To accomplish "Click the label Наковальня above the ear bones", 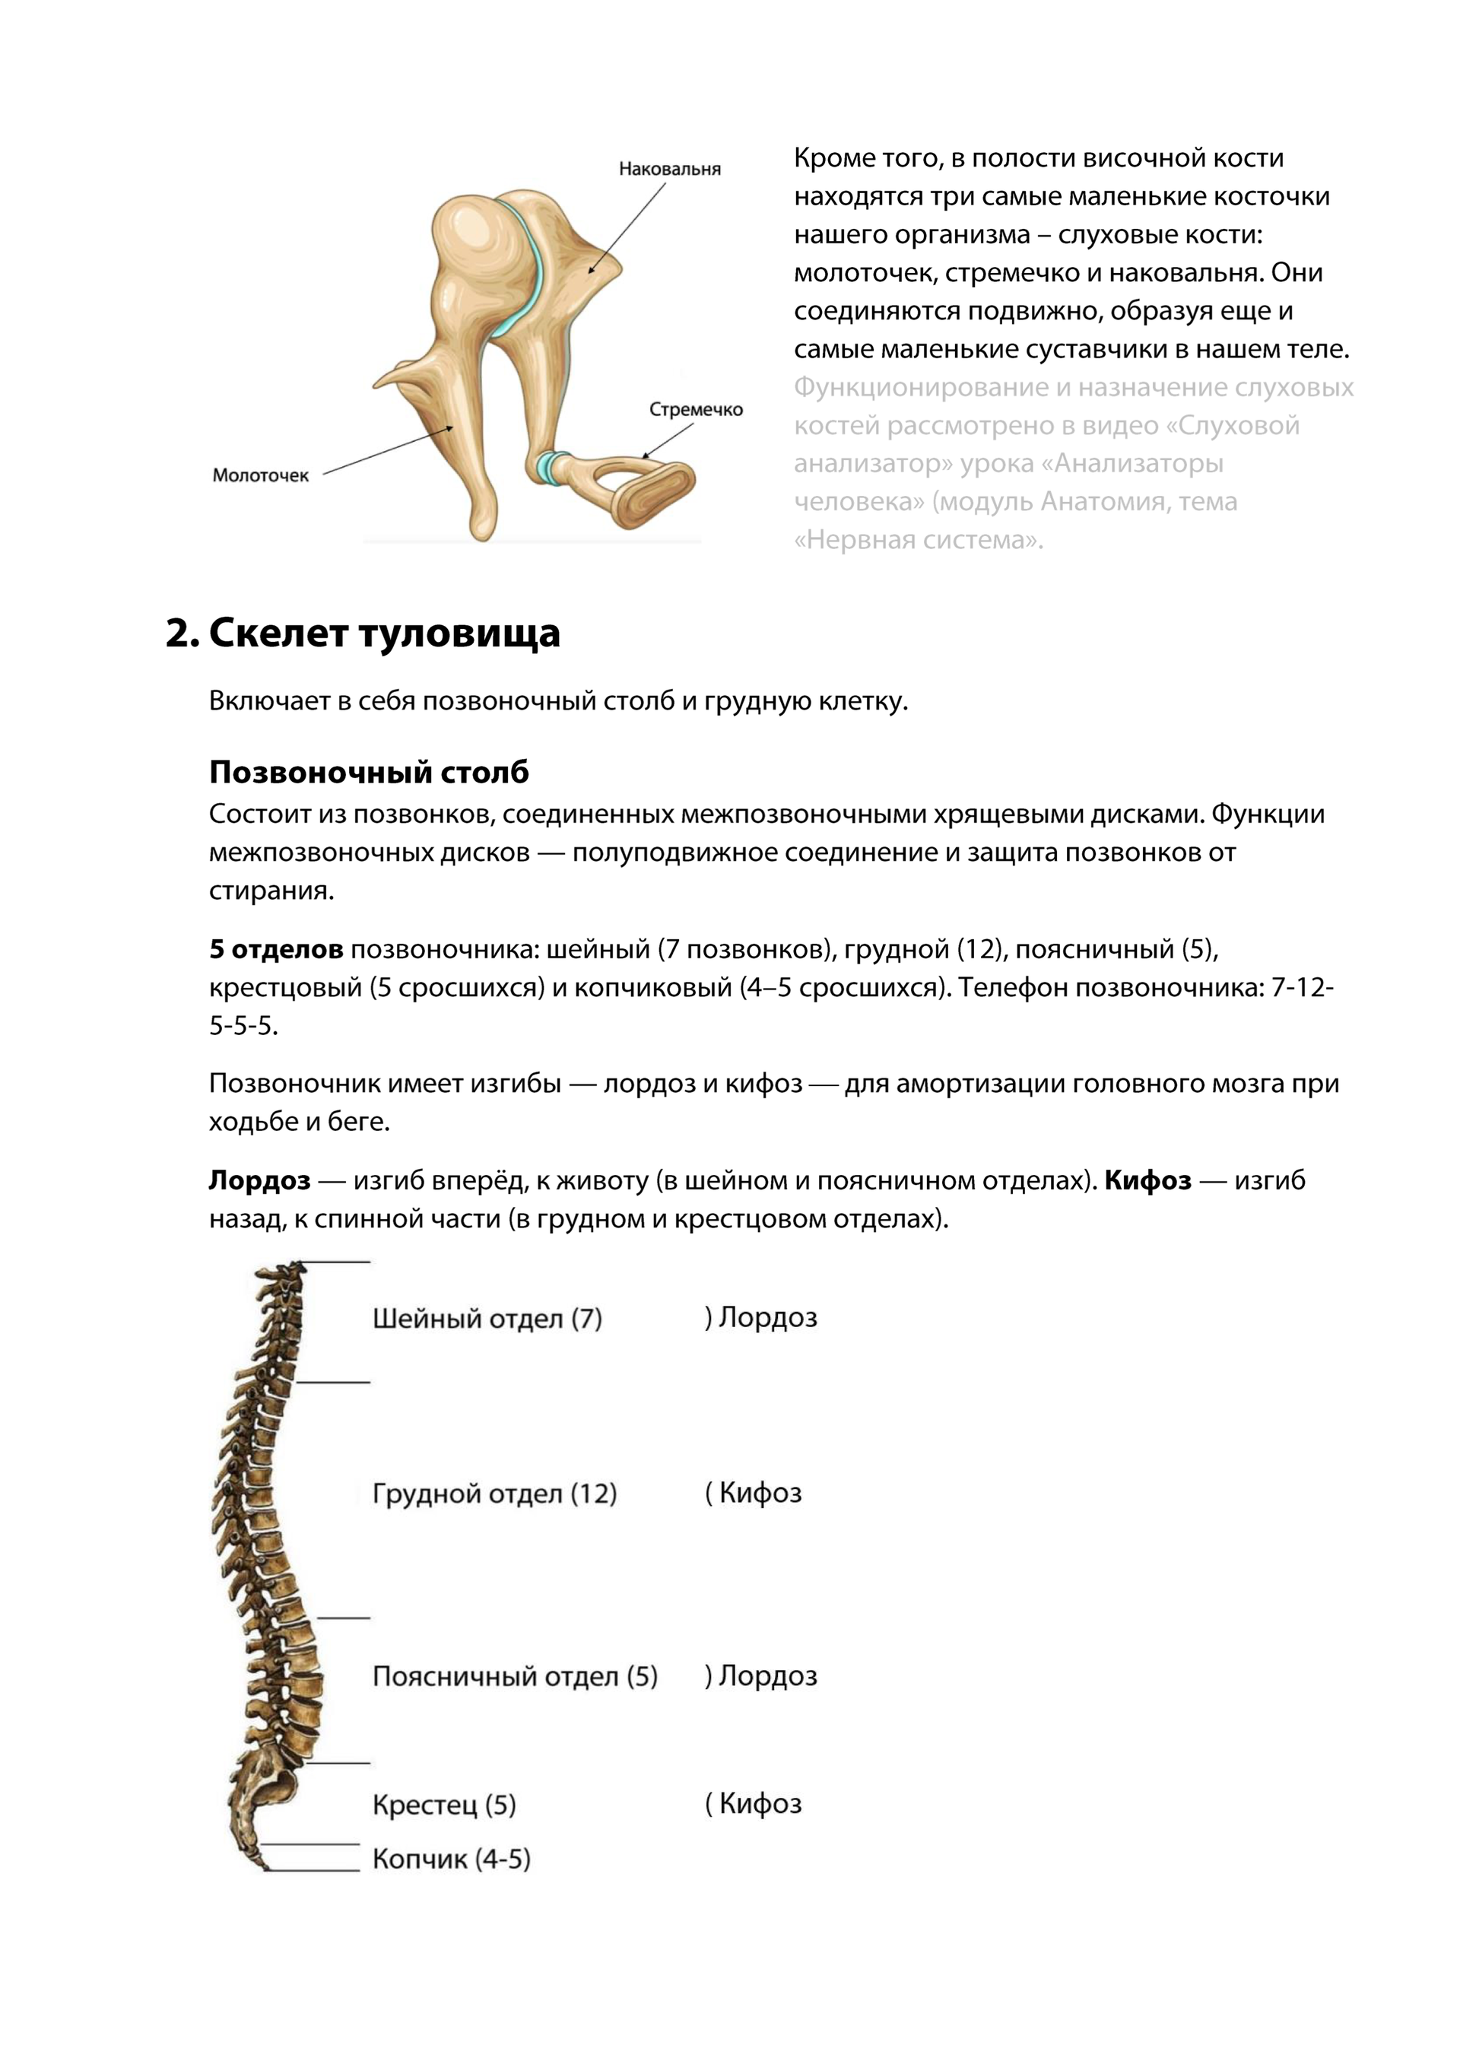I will tap(669, 169).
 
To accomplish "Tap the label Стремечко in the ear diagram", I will tap(696, 410).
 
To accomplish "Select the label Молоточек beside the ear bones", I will tap(260, 475).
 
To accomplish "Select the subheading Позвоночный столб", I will tap(369, 772).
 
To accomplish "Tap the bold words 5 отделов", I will tap(276, 949).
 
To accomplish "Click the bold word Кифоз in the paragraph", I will tap(1147, 1180).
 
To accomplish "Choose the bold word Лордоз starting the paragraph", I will tap(260, 1180).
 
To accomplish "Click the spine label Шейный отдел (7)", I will tap(487, 1319).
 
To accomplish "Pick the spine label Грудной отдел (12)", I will tap(494, 1494).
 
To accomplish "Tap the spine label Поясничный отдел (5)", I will tap(514, 1677).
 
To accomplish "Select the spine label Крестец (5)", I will tap(444, 1805).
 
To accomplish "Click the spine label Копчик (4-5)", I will tap(451, 1859).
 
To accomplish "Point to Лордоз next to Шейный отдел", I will tap(766, 1318).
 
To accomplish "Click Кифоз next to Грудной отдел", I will tap(760, 1493).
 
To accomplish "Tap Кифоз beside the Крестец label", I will tap(760, 1803).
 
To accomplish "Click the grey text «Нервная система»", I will tap(918, 540).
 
